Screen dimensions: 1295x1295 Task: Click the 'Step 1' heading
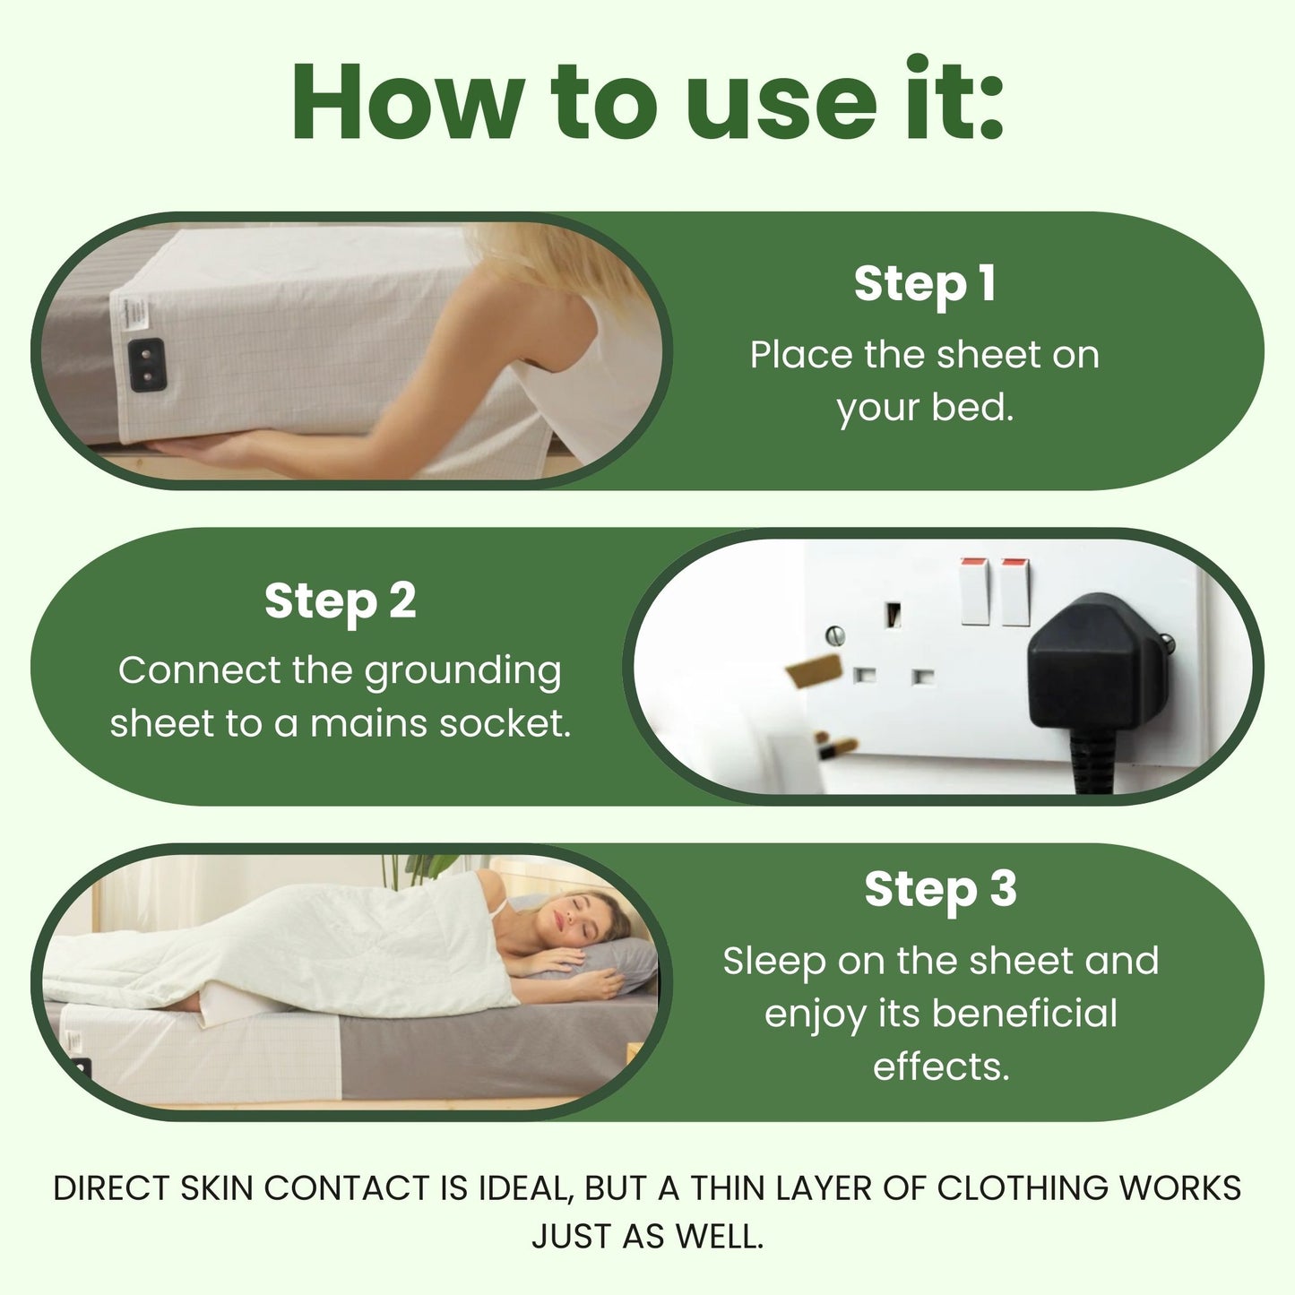coord(924,284)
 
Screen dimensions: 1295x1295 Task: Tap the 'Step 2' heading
coord(340,600)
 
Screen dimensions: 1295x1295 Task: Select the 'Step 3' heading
coord(940,889)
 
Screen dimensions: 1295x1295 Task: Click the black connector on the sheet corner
coord(147,364)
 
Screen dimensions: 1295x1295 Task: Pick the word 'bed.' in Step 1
coord(972,408)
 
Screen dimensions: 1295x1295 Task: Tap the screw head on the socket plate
coord(835,635)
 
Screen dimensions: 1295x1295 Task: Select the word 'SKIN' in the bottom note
coord(217,1188)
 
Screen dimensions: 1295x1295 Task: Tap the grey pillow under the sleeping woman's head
coord(627,959)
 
